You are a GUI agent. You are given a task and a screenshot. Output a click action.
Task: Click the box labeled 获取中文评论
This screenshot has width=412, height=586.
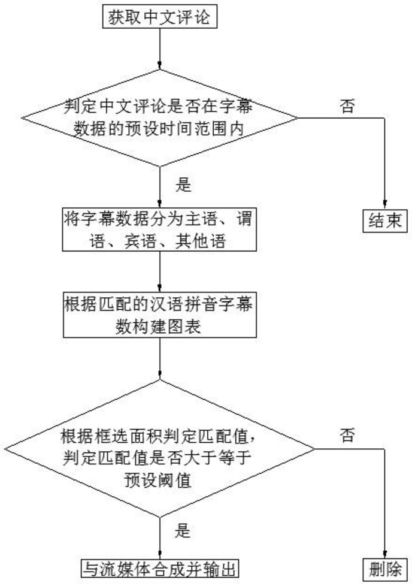(x=159, y=17)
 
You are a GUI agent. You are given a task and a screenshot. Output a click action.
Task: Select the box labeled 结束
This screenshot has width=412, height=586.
(x=385, y=220)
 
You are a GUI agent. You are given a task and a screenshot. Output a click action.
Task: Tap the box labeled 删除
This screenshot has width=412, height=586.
(x=385, y=569)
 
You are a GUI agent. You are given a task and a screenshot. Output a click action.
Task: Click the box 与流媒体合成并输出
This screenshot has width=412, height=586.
(x=159, y=569)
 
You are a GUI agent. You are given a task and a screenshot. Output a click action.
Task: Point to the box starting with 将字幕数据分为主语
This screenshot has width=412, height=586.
(x=159, y=229)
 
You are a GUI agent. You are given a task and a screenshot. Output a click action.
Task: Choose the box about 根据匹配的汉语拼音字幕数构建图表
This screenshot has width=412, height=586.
(x=159, y=315)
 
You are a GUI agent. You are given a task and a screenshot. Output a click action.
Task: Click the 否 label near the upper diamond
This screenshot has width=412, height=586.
(x=347, y=106)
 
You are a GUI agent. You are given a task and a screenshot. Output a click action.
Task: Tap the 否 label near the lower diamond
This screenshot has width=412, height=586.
(x=347, y=435)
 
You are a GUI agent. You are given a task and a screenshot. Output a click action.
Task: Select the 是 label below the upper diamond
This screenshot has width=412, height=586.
(x=183, y=184)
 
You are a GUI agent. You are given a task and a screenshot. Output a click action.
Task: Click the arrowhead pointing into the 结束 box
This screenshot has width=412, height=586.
(x=384, y=205)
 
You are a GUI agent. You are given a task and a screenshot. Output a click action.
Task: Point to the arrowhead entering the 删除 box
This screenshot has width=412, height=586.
(x=384, y=555)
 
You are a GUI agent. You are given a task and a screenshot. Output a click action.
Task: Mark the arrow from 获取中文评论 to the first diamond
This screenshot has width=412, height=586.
(x=159, y=49)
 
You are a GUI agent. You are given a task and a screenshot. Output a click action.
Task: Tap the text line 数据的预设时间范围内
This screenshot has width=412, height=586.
(x=159, y=129)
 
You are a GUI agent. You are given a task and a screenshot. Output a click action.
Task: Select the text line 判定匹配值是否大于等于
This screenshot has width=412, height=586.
(x=157, y=458)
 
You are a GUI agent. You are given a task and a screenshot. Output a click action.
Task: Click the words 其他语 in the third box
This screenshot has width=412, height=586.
(x=201, y=241)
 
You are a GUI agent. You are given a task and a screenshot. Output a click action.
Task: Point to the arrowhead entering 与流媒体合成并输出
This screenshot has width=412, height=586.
(x=159, y=555)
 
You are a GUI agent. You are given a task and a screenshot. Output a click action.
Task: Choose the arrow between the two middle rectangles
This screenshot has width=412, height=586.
(x=159, y=271)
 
